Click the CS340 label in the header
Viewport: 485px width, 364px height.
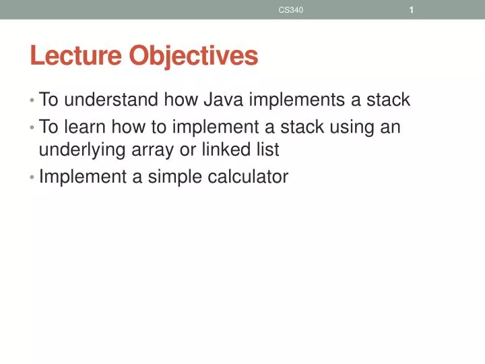click(291, 9)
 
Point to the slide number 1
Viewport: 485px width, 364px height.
click(411, 9)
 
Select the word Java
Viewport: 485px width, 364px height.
click(224, 100)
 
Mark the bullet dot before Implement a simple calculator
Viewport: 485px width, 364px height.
click(32, 177)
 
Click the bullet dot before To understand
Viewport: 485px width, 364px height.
click(32, 101)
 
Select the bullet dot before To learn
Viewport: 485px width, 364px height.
click(32, 127)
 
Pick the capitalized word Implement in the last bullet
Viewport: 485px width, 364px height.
click(82, 177)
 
